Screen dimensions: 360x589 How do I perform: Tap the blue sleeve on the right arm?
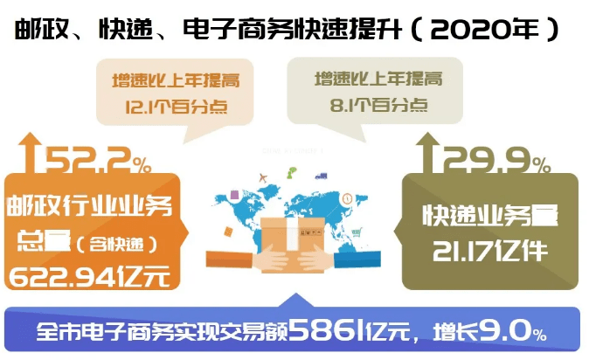tap(358, 259)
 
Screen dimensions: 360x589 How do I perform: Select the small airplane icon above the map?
tap(262, 178)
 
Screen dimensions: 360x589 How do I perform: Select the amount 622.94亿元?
tap(94, 276)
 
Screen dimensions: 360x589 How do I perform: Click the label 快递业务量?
tap(489, 215)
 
